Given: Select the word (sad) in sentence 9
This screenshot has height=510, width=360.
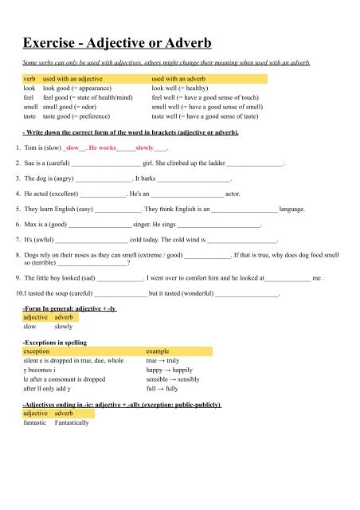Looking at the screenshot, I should pyautogui.click(x=83, y=279).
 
